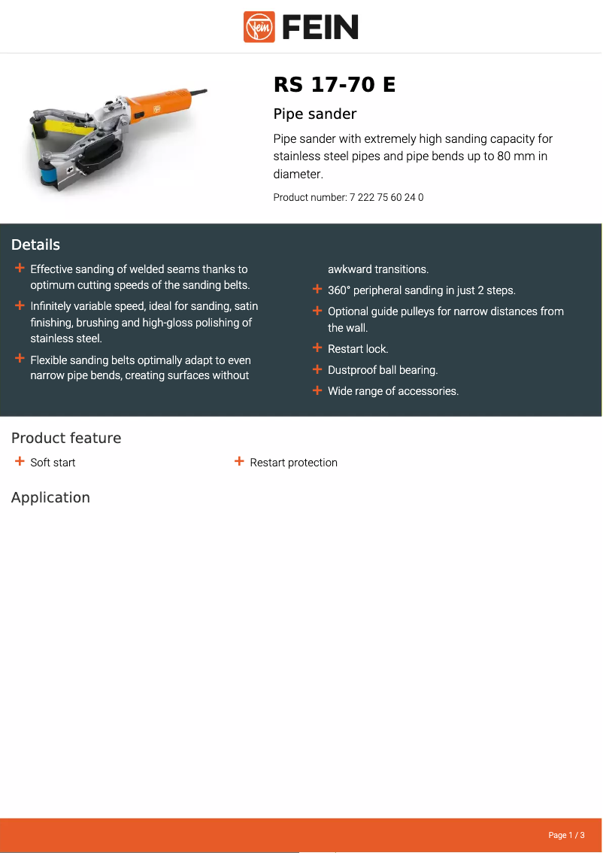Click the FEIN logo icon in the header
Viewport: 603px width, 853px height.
pyautogui.click(x=259, y=27)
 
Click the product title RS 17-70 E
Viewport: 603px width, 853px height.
pyautogui.click(x=334, y=85)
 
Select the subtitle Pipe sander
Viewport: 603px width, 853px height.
pyautogui.click(x=314, y=114)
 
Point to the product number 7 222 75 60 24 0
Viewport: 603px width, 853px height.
pyautogui.click(x=386, y=198)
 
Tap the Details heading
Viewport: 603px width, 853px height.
pyautogui.click(x=35, y=244)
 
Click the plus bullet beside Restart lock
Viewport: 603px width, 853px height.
pyautogui.click(x=317, y=348)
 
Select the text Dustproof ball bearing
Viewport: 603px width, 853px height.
pyautogui.click(x=383, y=370)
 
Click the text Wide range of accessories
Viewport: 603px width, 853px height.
pyautogui.click(x=393, y=391)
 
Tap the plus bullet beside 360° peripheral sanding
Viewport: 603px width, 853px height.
pyautogui.click(x=317, y=290)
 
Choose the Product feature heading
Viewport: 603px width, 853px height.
pyautogui.click(x=66, y=438)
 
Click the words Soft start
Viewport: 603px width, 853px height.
pyautogui.click(x=53, y=463)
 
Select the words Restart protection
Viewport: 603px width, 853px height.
pyautogui.click(x=293, y=463)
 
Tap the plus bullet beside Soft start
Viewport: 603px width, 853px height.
pyautogui.click(x=20, y=462)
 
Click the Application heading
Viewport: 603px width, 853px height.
pyautogui.click(x=50, y=497)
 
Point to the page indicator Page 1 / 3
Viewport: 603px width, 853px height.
pyautogui.click(x=566, y=835)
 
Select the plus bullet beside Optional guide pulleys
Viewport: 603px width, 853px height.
pyautogui.click(x=317, y=311)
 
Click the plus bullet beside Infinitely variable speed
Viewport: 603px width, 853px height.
pyautogui.click(x=20, y=305)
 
